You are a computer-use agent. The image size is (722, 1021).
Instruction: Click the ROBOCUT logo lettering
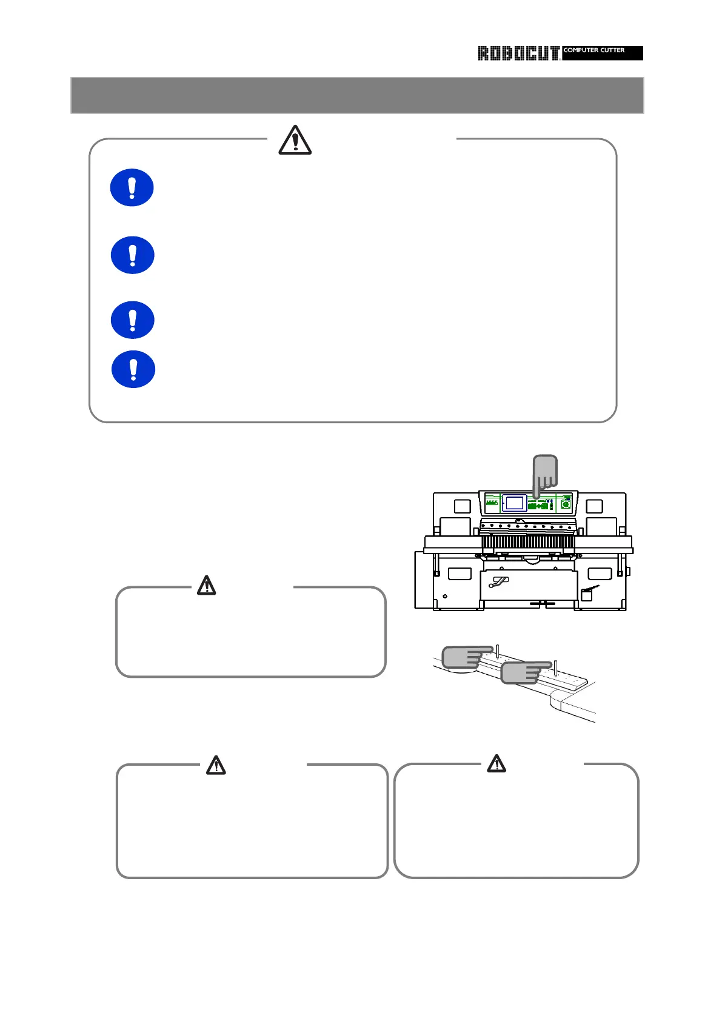coord(518,53)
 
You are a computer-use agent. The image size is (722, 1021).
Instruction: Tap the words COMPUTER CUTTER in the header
coord(594,50)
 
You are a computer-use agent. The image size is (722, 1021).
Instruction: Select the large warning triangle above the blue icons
coord(295,141)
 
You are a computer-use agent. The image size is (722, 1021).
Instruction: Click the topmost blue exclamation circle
coord(132,187)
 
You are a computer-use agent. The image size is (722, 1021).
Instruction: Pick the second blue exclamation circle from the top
coord(132,255)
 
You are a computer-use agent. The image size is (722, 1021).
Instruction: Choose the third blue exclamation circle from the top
coord(132,320)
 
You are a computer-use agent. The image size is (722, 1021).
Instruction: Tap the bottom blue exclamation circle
coord(133,369)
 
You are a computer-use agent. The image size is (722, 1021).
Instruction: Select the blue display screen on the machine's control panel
coord(515,503)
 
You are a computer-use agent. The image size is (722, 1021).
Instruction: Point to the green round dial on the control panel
coord(566,504)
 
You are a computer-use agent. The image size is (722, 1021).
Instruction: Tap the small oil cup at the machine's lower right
coord(587,594)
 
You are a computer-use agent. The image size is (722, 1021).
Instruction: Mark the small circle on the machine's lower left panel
coord(446,597)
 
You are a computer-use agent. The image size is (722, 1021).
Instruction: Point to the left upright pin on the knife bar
coord(497,652)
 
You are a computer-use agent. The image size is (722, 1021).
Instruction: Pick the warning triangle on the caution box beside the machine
coord(207,585)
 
